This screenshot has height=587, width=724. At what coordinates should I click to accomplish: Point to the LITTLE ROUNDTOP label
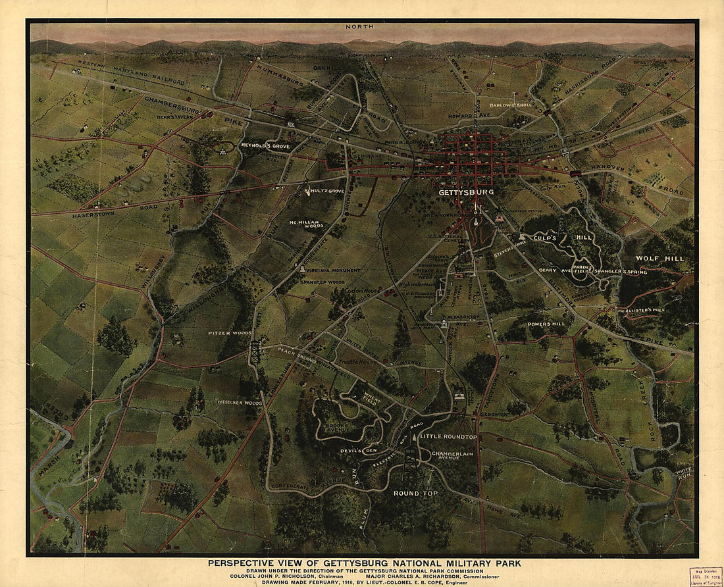[x=448, y=437]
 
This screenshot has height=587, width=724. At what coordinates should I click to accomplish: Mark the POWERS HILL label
[x=547, y=324]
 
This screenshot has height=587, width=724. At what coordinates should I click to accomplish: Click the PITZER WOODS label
[x=230, y=333]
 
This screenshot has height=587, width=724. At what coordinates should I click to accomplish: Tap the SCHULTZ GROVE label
[x=324, y=191]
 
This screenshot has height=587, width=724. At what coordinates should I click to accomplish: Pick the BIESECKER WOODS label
[x=240, y=402]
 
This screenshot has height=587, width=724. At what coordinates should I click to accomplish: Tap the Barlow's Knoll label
[x=510, y=105]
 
